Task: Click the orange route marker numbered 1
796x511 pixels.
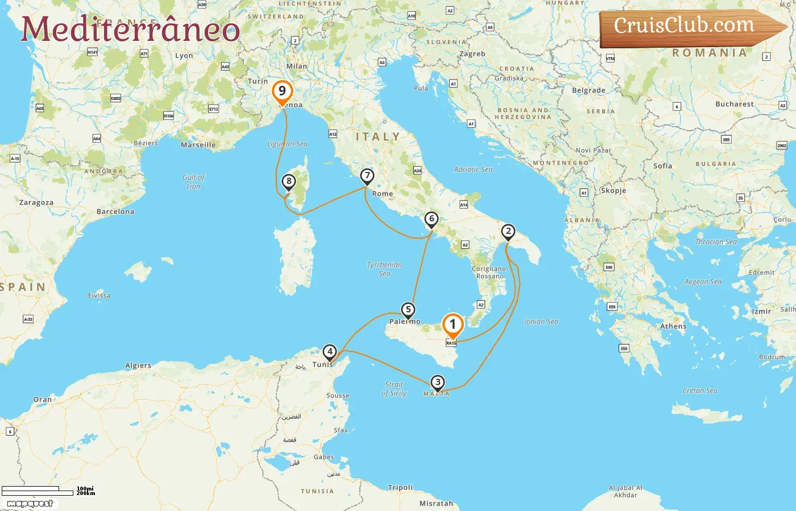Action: [453, 325]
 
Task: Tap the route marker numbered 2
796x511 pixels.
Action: [508, 231]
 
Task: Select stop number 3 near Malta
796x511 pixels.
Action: [437, 382]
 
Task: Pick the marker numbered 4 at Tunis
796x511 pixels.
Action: [329, 351]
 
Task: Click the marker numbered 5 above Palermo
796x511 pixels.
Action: [408, 310]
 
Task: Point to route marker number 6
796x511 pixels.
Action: [432, 219]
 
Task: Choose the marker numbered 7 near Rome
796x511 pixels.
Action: [367, 176]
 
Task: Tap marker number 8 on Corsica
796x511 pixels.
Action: [289, 182]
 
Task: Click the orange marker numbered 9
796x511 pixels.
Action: [282, 91]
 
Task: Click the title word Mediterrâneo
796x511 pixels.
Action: [130, 30]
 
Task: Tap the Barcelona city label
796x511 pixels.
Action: [115, 212]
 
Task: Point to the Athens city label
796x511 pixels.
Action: [673, 326]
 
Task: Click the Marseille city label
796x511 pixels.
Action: [198, 145]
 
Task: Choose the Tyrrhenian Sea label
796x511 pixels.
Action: [384, 269]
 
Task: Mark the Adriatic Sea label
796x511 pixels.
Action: [473, 169]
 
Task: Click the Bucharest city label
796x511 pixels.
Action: [734, 104]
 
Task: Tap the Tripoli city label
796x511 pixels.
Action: [400, 488]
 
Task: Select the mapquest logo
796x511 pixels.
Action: [30, 504]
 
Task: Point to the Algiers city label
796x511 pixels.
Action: [138, 366]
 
